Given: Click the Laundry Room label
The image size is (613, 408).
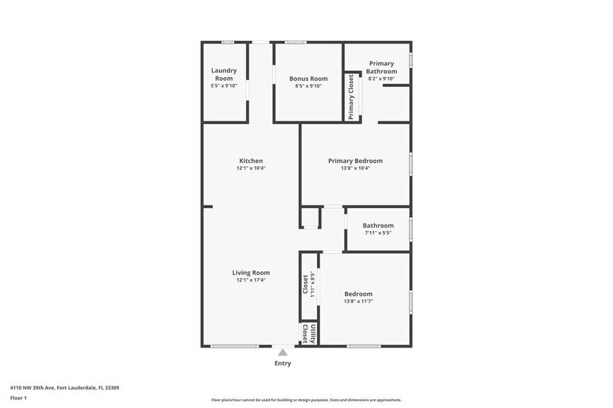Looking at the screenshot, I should (224, 74).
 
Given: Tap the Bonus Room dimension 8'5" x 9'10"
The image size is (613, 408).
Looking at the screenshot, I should (309, 86).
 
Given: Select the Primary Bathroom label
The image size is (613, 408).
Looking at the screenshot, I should (382, 67).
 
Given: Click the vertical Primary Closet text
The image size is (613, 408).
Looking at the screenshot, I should (351, 97).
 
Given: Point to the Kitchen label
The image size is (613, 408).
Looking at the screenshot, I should (251, 161).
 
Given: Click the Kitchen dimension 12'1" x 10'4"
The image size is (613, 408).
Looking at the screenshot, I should (251, 168).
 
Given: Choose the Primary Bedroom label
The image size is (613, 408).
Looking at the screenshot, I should (355, 161).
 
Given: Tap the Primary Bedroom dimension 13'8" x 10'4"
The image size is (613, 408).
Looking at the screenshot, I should (355, 168).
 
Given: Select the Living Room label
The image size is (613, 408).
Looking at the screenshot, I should (251, 273).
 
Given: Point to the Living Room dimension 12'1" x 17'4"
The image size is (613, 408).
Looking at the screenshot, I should (251, 280).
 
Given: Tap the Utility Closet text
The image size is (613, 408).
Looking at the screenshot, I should (309, 334).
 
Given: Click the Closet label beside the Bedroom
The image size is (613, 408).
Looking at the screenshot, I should (305, 284).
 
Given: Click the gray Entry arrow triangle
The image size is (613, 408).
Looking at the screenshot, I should (282, 352).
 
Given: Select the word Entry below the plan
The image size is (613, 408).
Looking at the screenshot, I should (282, 364).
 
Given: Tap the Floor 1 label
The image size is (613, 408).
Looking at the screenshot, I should (18, 398).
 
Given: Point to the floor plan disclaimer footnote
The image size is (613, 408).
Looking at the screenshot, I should (306, 400).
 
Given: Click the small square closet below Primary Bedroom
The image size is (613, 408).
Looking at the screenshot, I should (309, 218).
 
